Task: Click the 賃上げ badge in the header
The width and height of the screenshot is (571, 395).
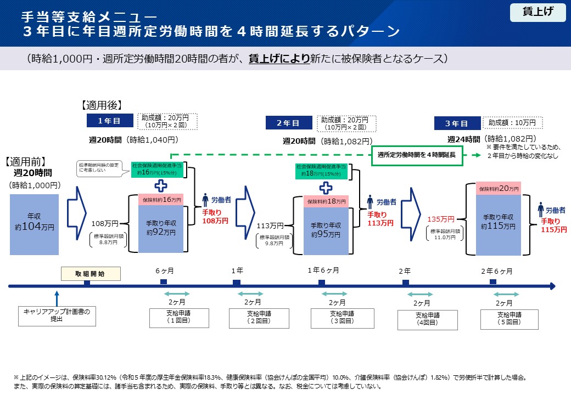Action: (538, 13)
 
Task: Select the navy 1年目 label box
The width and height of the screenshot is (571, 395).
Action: (110, 121)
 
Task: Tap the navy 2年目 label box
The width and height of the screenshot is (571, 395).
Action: (288, 123)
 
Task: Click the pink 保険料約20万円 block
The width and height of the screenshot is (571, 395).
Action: (499, 189)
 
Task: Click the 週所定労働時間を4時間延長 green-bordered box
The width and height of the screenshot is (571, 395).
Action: (417, 155)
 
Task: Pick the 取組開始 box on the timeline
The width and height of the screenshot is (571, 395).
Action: (91, 273)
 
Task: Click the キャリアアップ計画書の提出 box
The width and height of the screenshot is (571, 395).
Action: (57, 315)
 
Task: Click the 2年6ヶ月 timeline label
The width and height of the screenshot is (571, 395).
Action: (497, 271)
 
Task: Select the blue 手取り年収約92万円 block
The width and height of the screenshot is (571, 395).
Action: (160, 228)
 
